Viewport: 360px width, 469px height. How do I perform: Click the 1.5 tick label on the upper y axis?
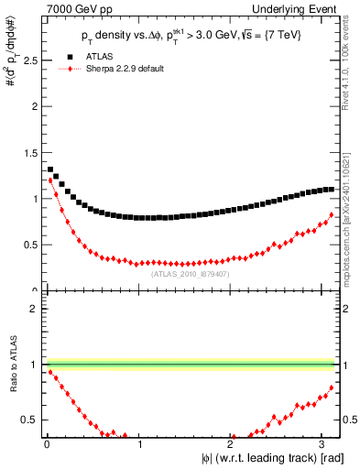coord(29,152)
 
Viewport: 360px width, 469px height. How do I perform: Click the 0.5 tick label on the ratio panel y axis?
coord(29,420)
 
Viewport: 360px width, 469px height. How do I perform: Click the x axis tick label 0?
coord(47,444)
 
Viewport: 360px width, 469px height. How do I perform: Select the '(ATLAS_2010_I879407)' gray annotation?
coord(190,273)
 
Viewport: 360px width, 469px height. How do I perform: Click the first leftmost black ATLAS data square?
coord(49,169)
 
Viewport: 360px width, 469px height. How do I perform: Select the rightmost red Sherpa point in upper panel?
coord(332,214)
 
